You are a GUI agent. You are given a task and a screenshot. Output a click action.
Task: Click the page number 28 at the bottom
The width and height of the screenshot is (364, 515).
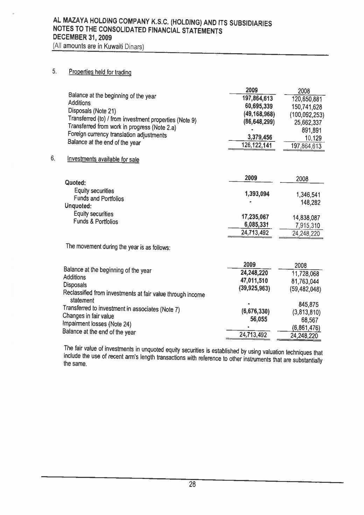[192, 485]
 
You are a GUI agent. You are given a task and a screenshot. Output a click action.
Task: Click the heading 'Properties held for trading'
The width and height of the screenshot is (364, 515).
[100, 72]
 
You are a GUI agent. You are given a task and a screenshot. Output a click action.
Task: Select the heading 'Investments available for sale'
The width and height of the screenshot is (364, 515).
[103, 159]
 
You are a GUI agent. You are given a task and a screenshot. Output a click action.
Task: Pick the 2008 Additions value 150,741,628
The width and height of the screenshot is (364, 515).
[306, 107]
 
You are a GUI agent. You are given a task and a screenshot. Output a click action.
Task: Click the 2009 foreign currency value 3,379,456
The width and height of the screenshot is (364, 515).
[259, 137]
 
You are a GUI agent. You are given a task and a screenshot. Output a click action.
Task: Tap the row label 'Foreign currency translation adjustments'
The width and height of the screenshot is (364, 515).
[117, 135]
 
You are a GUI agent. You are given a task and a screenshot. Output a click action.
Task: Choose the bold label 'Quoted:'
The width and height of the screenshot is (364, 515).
[75, 183]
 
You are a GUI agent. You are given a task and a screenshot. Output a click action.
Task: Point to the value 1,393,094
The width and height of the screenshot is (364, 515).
[257, 194]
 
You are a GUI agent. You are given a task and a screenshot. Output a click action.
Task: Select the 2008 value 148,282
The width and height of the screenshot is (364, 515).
[310, 202]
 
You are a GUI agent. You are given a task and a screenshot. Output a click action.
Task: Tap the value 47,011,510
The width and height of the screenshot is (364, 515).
[254, 281]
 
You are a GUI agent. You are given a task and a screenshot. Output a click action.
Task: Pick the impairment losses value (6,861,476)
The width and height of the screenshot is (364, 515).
[306, 328]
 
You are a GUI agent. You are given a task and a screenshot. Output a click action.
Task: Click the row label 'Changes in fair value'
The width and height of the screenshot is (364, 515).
[88, 316]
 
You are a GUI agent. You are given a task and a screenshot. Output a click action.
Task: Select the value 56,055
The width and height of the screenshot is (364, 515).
[259, 319]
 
